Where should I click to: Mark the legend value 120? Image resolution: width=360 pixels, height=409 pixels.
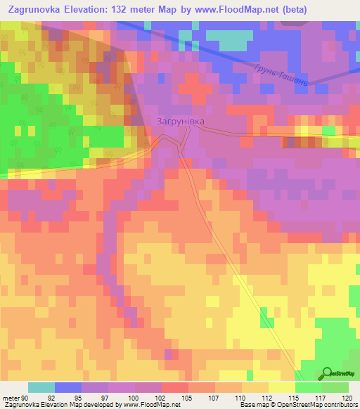pos(344,398)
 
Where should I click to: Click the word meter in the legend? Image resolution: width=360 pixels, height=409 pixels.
pos(10,398)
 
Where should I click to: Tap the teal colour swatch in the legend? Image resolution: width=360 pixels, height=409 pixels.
pos(41,387)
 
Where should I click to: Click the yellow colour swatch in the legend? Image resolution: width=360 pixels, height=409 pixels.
pos(282,387)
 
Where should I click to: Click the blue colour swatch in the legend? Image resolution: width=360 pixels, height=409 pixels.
pos(68,387)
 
